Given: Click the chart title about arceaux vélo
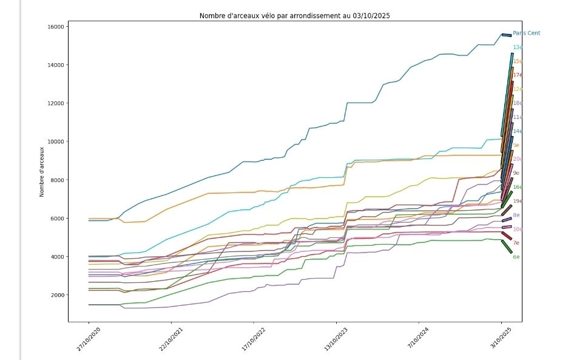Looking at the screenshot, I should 295,16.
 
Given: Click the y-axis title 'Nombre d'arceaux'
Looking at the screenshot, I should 42,172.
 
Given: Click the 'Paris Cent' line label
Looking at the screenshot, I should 526,33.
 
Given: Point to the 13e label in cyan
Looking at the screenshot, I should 518,47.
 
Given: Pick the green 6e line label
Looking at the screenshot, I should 516,257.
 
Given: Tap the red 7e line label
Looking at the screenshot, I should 516,243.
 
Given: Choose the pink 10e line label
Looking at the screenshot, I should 518,229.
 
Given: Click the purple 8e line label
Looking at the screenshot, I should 516,216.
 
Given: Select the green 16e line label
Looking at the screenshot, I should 518,188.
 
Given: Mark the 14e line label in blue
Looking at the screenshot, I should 518,131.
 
